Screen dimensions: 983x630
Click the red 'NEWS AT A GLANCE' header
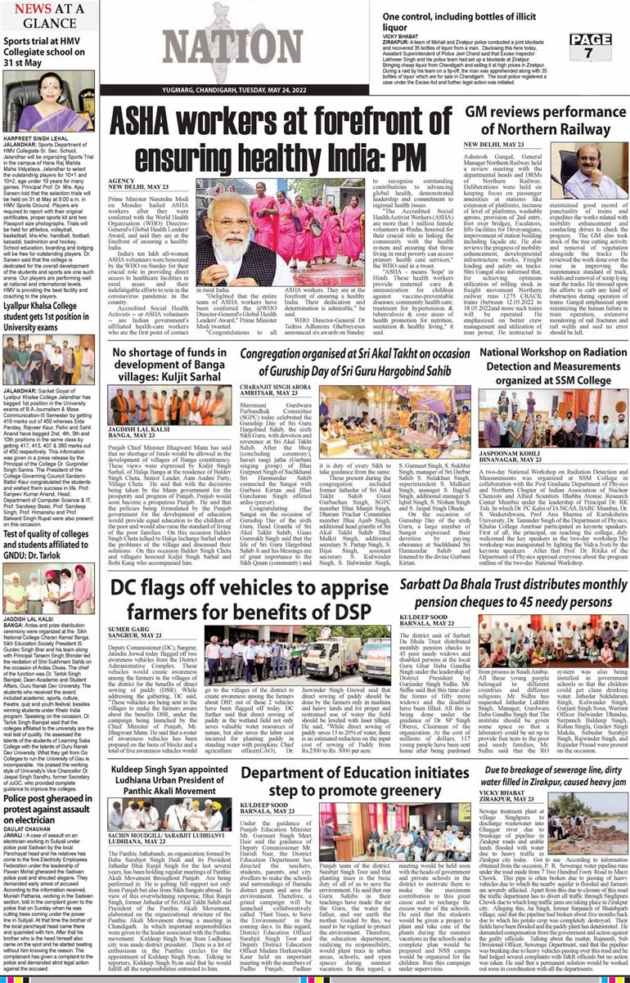tap(48, 16)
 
